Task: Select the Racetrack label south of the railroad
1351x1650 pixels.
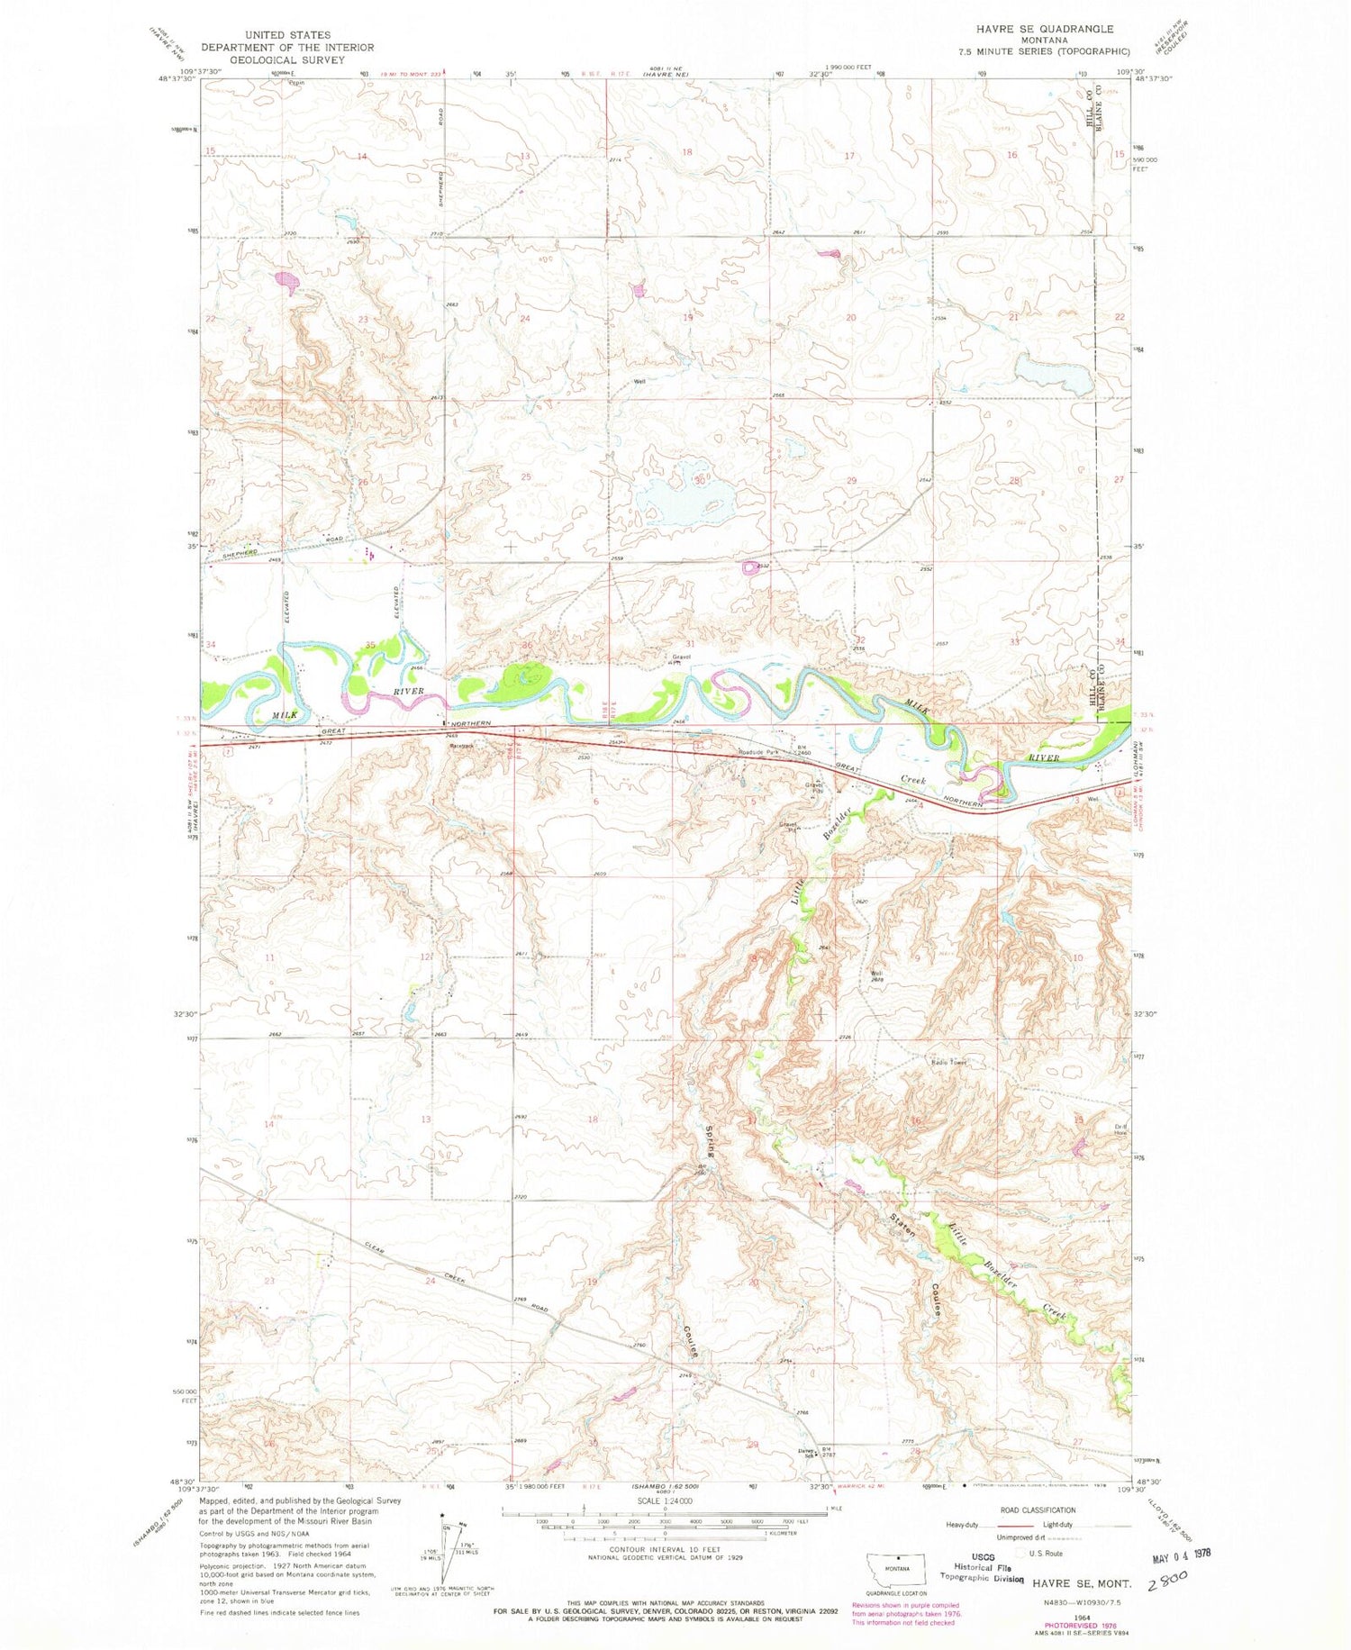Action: click(x=463, y=747)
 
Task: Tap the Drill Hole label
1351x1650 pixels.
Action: click(x=1119, y=1129)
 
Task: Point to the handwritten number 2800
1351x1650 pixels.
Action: click(x=1167, y=1578)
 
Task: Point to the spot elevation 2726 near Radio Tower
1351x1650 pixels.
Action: click(x=846, y=1038)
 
